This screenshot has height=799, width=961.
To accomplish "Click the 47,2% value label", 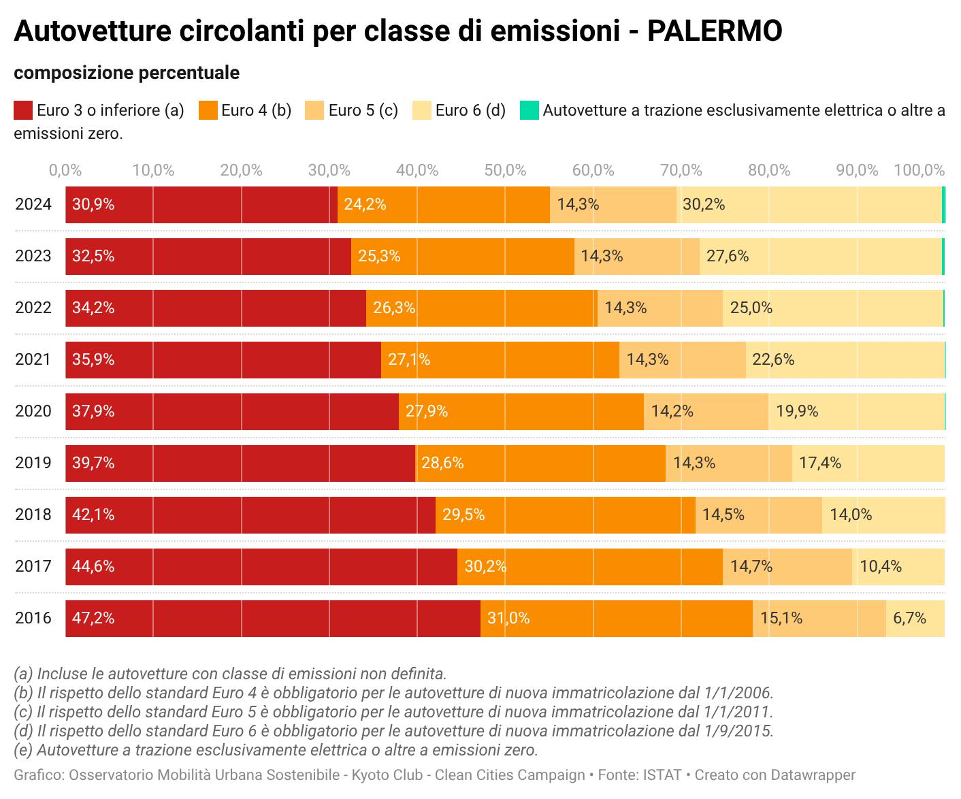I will click(93, 619).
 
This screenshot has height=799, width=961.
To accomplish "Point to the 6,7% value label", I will click(909, 619).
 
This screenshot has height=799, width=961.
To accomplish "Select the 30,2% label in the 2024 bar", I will click(704, 205).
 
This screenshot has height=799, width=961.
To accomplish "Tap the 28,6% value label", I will click(442, 463).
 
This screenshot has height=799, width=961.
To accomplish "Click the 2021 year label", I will click(33, 360).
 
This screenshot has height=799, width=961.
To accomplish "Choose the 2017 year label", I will click(33, 567).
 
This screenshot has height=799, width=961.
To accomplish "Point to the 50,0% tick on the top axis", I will click(505, 170).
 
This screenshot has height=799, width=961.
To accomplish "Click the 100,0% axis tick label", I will click(919, 170).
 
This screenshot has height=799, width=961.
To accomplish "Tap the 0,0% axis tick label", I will click(66, 170).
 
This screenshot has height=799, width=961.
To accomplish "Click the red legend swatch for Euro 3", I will click(23, 110).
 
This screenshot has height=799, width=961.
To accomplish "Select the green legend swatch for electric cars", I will click(529, 110).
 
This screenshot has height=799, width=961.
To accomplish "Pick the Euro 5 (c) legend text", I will click(363, 110).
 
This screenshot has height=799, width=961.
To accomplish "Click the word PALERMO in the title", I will click(714, 31).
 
